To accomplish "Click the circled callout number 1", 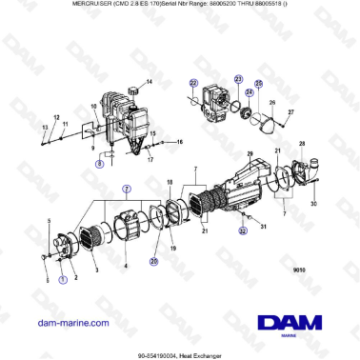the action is pyautogui.click(x=63, y=279).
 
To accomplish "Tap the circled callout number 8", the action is pyautogui.click(x=99, y=164).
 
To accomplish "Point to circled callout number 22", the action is pyautogui.click(x=194, y=83).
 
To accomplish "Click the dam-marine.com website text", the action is pyautogui.click(x=72, y=323).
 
